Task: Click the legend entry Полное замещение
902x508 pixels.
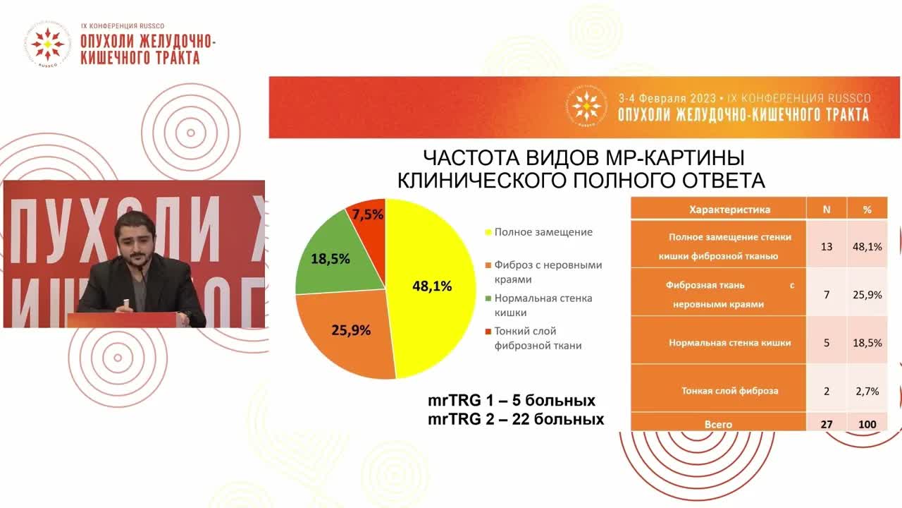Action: [x=543, y=232]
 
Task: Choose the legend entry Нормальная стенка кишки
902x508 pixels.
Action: [x=543, y=305]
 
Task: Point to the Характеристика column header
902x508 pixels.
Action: [x=718, y=210]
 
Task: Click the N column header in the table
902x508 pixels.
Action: [x=827, y=210]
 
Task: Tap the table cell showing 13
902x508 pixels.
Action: [x=827, y=246]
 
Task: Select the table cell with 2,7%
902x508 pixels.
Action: [x=867, y=391]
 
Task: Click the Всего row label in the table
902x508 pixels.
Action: [x=718, y=424]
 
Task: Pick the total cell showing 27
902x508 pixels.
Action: [x=827, y=424]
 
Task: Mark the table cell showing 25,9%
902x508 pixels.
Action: [x=867, y=294]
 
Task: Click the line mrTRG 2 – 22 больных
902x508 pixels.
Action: [x=516, y=419]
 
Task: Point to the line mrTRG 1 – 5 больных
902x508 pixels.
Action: [x=512, y=401]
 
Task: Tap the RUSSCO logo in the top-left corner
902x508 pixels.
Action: [x=47, y=44]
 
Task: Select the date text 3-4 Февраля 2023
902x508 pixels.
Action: [x=667, y=99]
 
